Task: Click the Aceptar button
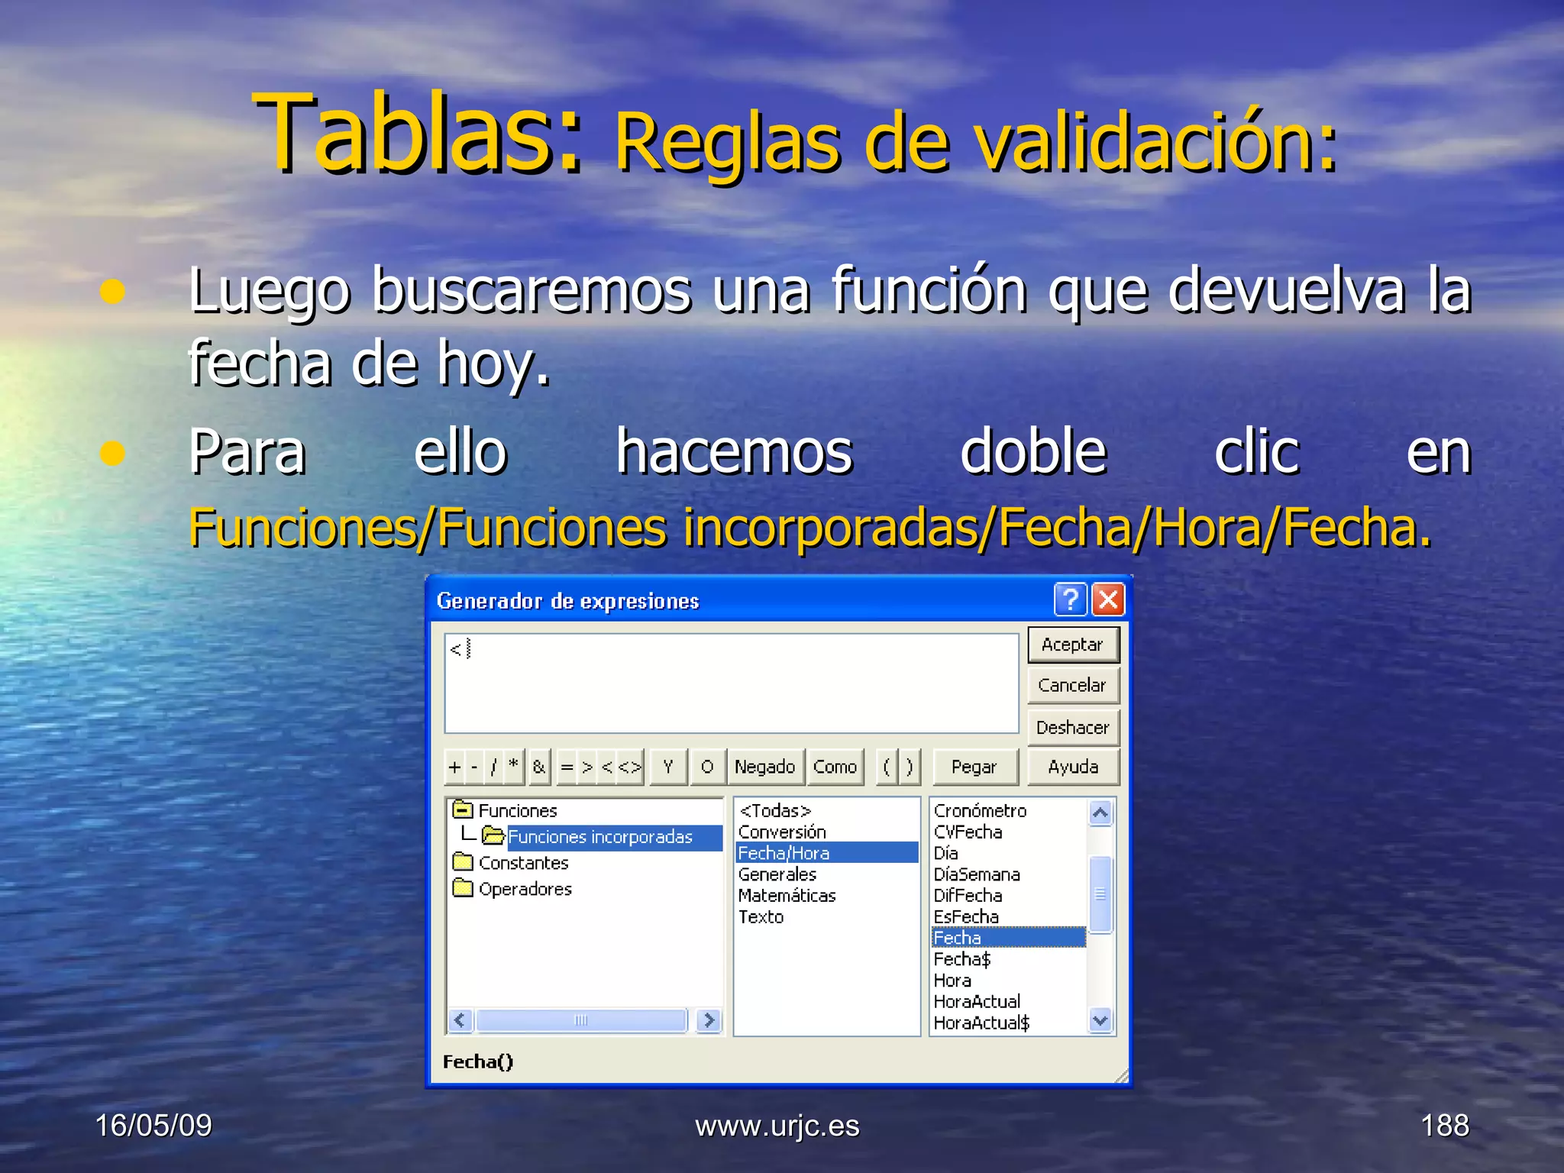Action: tap(1072, 645)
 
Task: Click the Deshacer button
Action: tap(1072, 728)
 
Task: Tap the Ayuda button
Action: tap(1072, 767)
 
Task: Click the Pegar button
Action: tap(974, 767)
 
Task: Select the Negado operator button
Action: tap(764, 767)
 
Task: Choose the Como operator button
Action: tap(835, 767)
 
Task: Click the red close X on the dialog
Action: tap(1108, 599)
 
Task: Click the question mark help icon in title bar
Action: tap(1070, 599)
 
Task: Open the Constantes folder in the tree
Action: tap(523, 863)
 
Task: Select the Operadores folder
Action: tap(525, 889)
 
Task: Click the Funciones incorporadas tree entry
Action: tap(600, 837)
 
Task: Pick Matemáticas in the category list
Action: tap(787, 896)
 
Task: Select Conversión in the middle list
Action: tap(782, 832)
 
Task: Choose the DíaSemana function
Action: tap(977, 874)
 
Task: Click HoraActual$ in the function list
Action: tap(981, 1023)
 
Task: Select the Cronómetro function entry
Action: tap(980, 811)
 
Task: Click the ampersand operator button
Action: tap(539, 767)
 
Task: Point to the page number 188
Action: tap(1444, 1125)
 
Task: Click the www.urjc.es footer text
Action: tap(777, 1126)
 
